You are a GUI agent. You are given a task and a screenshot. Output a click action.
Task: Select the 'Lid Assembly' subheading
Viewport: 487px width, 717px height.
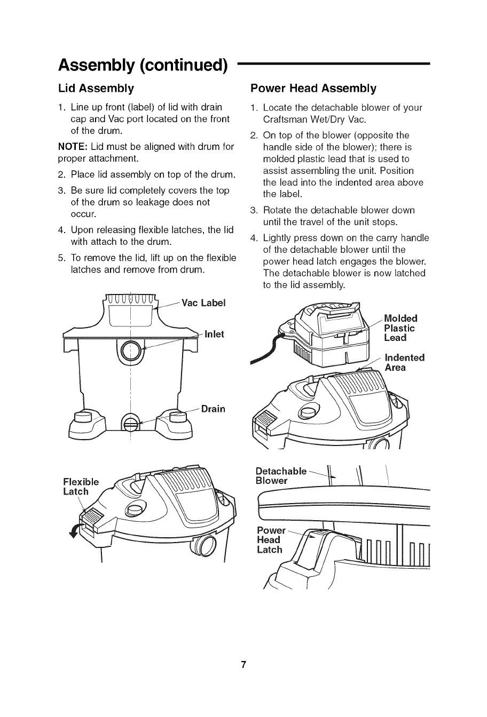(96, 88)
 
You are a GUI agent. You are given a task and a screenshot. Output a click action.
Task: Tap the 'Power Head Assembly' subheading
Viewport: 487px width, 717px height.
(313, 88)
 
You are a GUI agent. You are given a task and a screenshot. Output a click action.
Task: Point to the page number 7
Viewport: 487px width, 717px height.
(243, 665)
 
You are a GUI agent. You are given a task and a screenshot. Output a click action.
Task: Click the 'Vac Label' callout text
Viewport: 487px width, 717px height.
(204, 303)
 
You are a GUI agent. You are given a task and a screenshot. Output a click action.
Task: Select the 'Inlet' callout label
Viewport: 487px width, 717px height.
(215, 334)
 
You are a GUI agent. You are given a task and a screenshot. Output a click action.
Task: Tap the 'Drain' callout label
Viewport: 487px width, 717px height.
(213, 409)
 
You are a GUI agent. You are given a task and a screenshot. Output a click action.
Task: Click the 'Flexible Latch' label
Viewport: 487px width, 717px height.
(81, 487)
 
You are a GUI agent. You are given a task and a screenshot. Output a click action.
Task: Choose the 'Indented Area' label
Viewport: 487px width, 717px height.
(404, 362)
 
